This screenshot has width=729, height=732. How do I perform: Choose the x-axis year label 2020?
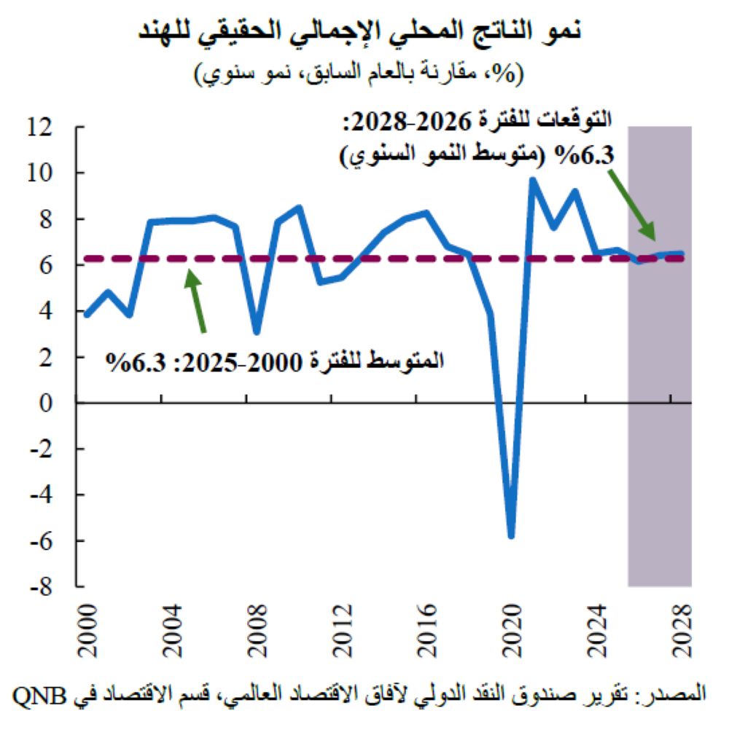pyautogui.click(x=511, y=624)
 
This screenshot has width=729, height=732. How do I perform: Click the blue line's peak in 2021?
pyautogui.click(x=532, y=180)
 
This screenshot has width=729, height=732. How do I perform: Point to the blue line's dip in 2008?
pyautogui.click(x=257, y=331)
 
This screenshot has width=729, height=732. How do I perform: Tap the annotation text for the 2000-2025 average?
pyautogui.click(x=276, y=361)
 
